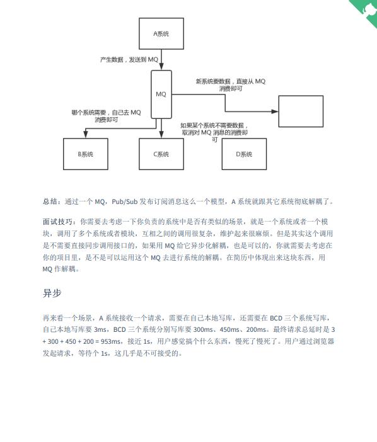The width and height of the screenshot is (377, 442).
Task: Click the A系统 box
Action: point(161,34)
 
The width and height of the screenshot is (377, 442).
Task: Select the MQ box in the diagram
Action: point(161,94)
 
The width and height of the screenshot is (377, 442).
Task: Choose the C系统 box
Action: point(161,154)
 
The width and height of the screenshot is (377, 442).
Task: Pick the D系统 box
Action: point(243,154)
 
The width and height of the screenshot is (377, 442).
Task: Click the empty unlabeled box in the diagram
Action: point(301,111)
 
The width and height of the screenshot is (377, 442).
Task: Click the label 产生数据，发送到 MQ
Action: point(129,59)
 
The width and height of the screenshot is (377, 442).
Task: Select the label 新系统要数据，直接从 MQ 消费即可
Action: point(230,85)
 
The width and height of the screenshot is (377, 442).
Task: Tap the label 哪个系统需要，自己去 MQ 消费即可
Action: point(107,115)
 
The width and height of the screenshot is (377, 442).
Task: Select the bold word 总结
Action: point(51,201)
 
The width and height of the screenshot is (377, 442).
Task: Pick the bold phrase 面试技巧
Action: point(57,222)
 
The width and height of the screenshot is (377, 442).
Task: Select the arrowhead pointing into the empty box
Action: point(276,111)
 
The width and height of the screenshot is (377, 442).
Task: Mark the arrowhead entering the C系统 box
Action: point(161,135)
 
